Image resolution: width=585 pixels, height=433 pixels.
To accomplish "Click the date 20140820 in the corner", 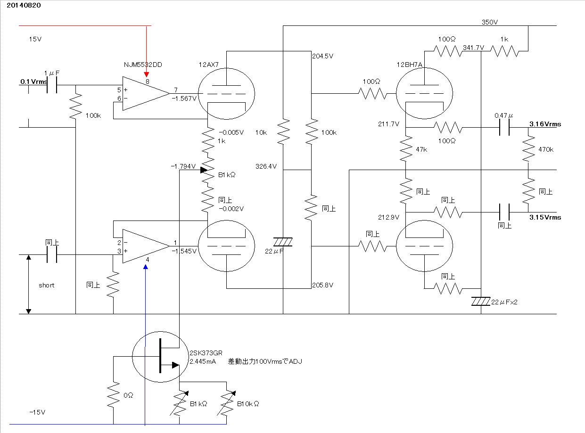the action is pyautogui.click(x=24, y=5).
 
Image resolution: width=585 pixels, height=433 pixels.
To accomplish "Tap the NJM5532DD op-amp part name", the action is pyautogui.click(x=143, y=65).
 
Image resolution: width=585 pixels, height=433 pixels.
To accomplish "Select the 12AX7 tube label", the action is pyautogui.click(x=209, y=65).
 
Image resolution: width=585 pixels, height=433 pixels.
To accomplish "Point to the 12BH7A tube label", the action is pyautogui.click(x=409, y=65).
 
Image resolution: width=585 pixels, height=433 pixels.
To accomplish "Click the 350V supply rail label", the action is pyautogui.click(x=490, y=22).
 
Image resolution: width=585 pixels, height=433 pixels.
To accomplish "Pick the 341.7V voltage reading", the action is pyautogui.click(x=473, y=48).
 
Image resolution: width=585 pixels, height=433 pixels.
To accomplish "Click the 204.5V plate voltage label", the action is pyautogui.click(x=322, y=56).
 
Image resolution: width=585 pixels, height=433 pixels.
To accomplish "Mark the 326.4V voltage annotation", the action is pyautogui.click(x=266, y=166).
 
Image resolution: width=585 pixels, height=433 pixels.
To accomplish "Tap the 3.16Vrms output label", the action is pyautogui.click(x=545, y=124).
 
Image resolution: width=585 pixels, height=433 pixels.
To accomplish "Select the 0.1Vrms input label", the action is pyautogui.click(x=34, y=82).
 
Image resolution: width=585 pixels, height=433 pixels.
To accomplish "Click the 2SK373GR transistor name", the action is pyautogui.click(x=206, y=353).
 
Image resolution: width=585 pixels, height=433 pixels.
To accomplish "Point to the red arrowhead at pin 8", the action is pyautogui.click(x=147, y=74).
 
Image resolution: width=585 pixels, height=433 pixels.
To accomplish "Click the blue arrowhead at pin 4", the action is pyautogui.click(x=146, y=267).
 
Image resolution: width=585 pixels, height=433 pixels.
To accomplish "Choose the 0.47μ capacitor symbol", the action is pyautogui.click(x=504, y=127).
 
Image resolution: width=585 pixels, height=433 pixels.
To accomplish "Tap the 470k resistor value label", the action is pyautogui.click(x=546, y=149).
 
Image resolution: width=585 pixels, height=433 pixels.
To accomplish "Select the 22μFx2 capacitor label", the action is pyautogui.click(x=504, y=302).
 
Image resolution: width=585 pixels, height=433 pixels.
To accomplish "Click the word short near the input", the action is pyautogui.click(x=46, y=285).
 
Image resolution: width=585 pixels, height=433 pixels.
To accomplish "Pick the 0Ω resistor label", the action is pyautogui.click(x=128, y=395).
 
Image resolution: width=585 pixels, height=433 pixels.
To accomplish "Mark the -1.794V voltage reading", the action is pyautogui.click(x=183, y=166).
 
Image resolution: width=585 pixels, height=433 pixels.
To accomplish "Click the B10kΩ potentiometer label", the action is pyautogui.click(x=248, y=404).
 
